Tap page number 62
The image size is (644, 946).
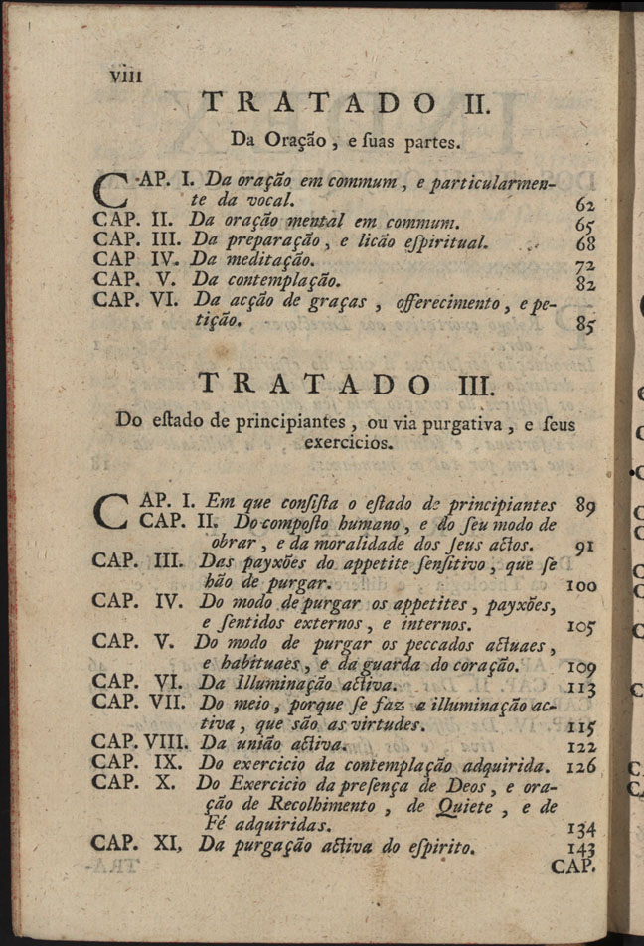pos(583,204)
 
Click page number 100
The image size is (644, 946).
pos(580,586)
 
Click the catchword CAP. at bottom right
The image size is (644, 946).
pos(572,867)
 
